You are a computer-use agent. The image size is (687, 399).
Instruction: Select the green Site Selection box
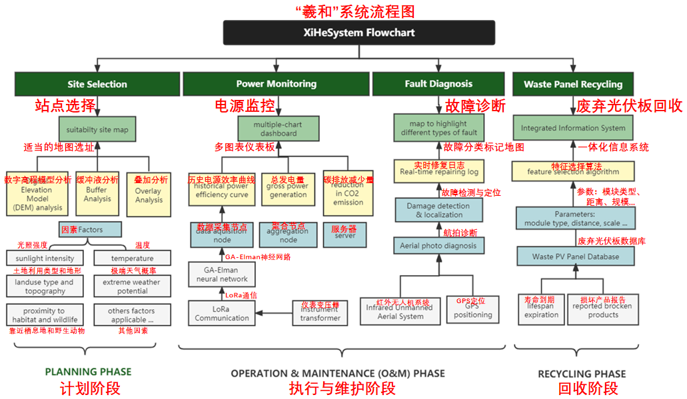[x=97, y=84]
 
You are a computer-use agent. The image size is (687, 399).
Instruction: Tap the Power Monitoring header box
[x=276, y=84]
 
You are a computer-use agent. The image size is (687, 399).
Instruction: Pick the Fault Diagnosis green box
[x=438, y=84]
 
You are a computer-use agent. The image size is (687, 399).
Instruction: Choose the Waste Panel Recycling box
[x=572, y=85]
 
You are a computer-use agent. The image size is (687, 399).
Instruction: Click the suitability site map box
[x=97, y=129]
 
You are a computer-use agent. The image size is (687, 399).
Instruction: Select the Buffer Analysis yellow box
[x=97, y=194]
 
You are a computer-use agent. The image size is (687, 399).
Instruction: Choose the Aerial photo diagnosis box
[x=438, y=245]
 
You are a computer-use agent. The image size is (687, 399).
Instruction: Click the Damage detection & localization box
[x=438, y=210]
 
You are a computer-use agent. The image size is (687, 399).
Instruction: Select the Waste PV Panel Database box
[x=576, y=256]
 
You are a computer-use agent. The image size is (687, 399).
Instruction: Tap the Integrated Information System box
[x=573, y=128]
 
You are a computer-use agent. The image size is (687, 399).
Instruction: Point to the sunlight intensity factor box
[x=45, y=258]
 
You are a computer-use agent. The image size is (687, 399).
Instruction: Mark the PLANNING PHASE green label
[x=88, y=372]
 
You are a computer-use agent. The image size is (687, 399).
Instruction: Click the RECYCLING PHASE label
[x=582, y=374]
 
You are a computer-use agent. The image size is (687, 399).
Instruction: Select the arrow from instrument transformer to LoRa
[x=273, y=312]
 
